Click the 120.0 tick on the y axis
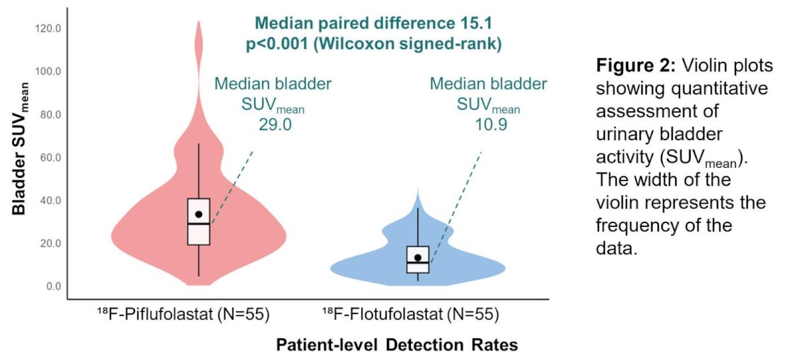(48, 28)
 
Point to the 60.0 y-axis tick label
(51, 157)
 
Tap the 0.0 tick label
(53, 286)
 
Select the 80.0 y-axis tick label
(51, 115)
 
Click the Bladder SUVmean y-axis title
(20, 149)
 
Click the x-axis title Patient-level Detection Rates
(397, 344)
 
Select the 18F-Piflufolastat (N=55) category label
(184, 314)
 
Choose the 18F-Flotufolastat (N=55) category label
(411, 314)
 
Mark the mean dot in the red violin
(199, 214)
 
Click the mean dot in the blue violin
(418, 257)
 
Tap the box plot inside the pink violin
(199, 221)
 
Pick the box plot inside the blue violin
(418, 259)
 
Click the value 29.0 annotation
(275, 124)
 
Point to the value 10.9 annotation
(491, 124)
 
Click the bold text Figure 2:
(635, 66)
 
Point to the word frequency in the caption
(637, 226)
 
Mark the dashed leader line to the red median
(232, 187)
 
